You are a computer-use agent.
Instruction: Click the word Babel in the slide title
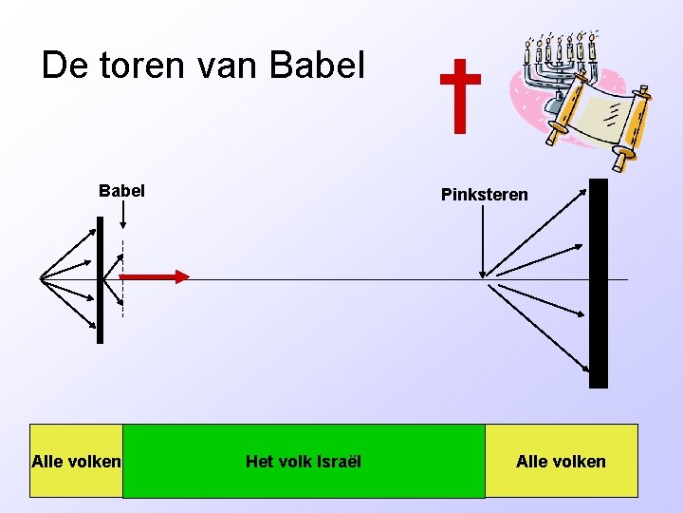point(318,65)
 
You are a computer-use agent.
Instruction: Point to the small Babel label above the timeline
point(122,190)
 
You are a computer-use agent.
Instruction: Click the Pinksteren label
point(484,195)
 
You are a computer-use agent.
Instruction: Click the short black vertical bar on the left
point(100,279)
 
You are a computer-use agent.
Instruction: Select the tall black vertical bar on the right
point(598,283)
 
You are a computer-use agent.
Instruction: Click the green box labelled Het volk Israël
point(304,461)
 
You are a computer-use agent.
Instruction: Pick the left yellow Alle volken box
point(76,461)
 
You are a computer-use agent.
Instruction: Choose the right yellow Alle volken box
point(561,461)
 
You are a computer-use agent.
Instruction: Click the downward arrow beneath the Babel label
point(123,216)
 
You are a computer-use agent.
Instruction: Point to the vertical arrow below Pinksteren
point(484,242)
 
